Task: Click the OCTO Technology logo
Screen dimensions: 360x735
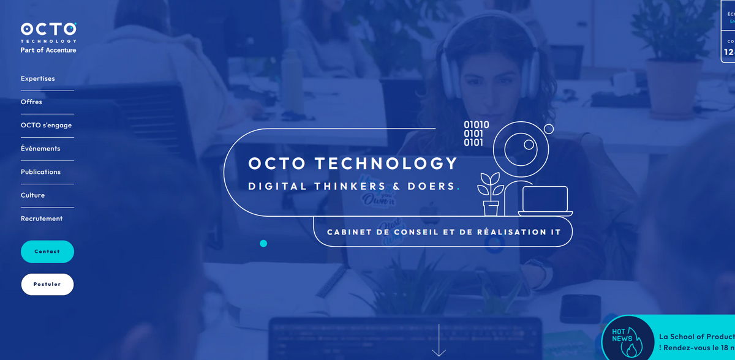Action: click(x=48, y=31)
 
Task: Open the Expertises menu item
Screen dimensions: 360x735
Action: click(x=38, y=78)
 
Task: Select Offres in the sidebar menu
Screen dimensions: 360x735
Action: click(x=31, y=102)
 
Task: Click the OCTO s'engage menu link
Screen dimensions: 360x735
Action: click(x=47, y=125)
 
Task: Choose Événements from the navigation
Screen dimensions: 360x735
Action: click(x=40, y=148)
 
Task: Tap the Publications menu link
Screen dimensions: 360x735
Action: click(x=40, y=171)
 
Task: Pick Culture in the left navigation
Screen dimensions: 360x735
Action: click(x=32, y=195)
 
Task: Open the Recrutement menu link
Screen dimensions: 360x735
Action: click(x=42, y=218)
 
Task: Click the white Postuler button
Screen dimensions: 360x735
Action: click(x=47, y=284)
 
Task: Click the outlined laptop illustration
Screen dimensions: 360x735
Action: click(x=545, y=201)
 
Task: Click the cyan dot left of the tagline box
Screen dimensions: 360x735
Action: click(x=263, y=243)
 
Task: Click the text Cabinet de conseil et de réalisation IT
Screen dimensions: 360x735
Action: click(x=444, y=232)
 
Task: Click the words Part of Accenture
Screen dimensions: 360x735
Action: click(x=48, y=50)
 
